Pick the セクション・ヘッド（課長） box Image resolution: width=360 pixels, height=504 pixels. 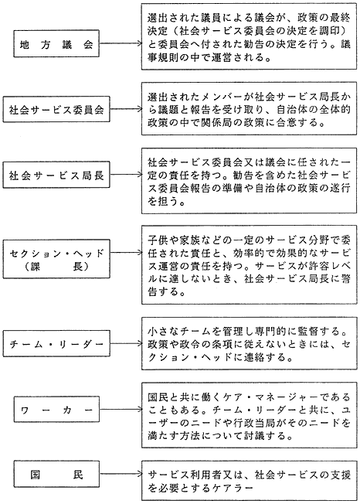pos(59,259)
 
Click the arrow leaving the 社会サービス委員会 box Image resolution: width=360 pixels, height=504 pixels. pos(125,110)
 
